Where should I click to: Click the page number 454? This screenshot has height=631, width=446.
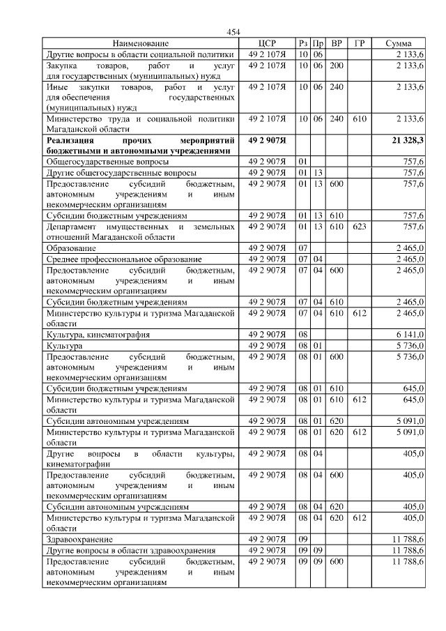(x=233, y=32)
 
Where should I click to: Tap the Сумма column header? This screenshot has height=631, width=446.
(x=398, y=43)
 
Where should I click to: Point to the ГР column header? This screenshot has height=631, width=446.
(x=359, y=43)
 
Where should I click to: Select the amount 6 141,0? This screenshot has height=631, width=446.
(x=411, y=335)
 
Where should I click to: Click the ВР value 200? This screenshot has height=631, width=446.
(x=337, y=65)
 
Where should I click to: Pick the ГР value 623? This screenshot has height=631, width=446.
(x=359, y=227)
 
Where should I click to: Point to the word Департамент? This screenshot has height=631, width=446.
(x=76, y=227)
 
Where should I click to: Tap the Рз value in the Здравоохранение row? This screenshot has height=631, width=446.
(x=302, y=540)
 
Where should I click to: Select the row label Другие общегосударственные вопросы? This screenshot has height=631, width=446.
(x=121, y=172)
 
